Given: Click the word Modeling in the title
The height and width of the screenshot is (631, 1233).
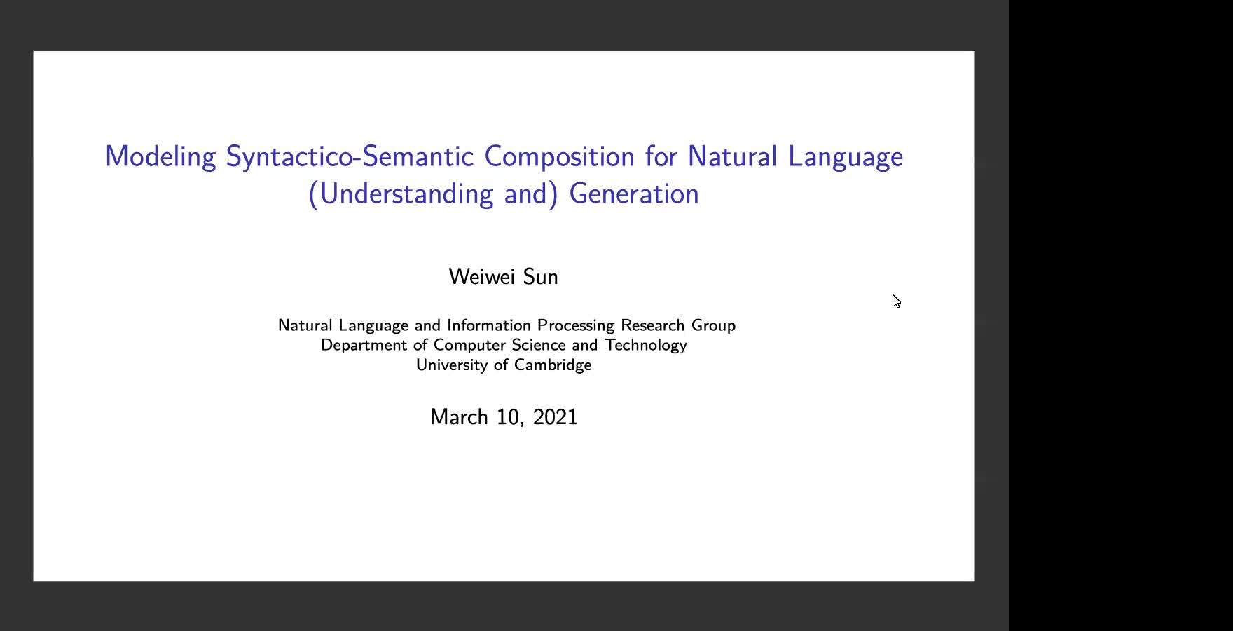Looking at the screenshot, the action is point(160,157).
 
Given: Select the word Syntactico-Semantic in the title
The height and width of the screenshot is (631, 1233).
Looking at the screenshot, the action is point(350,156).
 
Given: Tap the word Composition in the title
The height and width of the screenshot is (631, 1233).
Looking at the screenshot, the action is point(560,157).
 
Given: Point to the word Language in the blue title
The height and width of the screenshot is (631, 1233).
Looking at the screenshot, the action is point(846,157).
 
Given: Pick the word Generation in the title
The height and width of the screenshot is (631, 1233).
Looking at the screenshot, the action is point(634,194).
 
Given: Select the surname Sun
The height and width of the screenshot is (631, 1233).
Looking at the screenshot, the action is point(541,276).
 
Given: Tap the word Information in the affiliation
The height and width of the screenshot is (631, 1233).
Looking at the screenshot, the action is point(489,325).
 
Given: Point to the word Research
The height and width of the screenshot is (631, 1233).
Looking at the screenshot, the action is point(653,325).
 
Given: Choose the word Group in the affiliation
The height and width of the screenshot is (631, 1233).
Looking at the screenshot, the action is point(714,326).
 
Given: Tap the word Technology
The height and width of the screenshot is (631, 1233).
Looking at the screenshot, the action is point(646,346).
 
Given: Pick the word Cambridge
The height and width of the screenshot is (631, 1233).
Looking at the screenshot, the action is point(553,365).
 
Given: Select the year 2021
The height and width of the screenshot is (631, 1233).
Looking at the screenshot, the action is point(556,416).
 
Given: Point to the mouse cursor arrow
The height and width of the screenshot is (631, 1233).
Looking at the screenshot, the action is point(896,301).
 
